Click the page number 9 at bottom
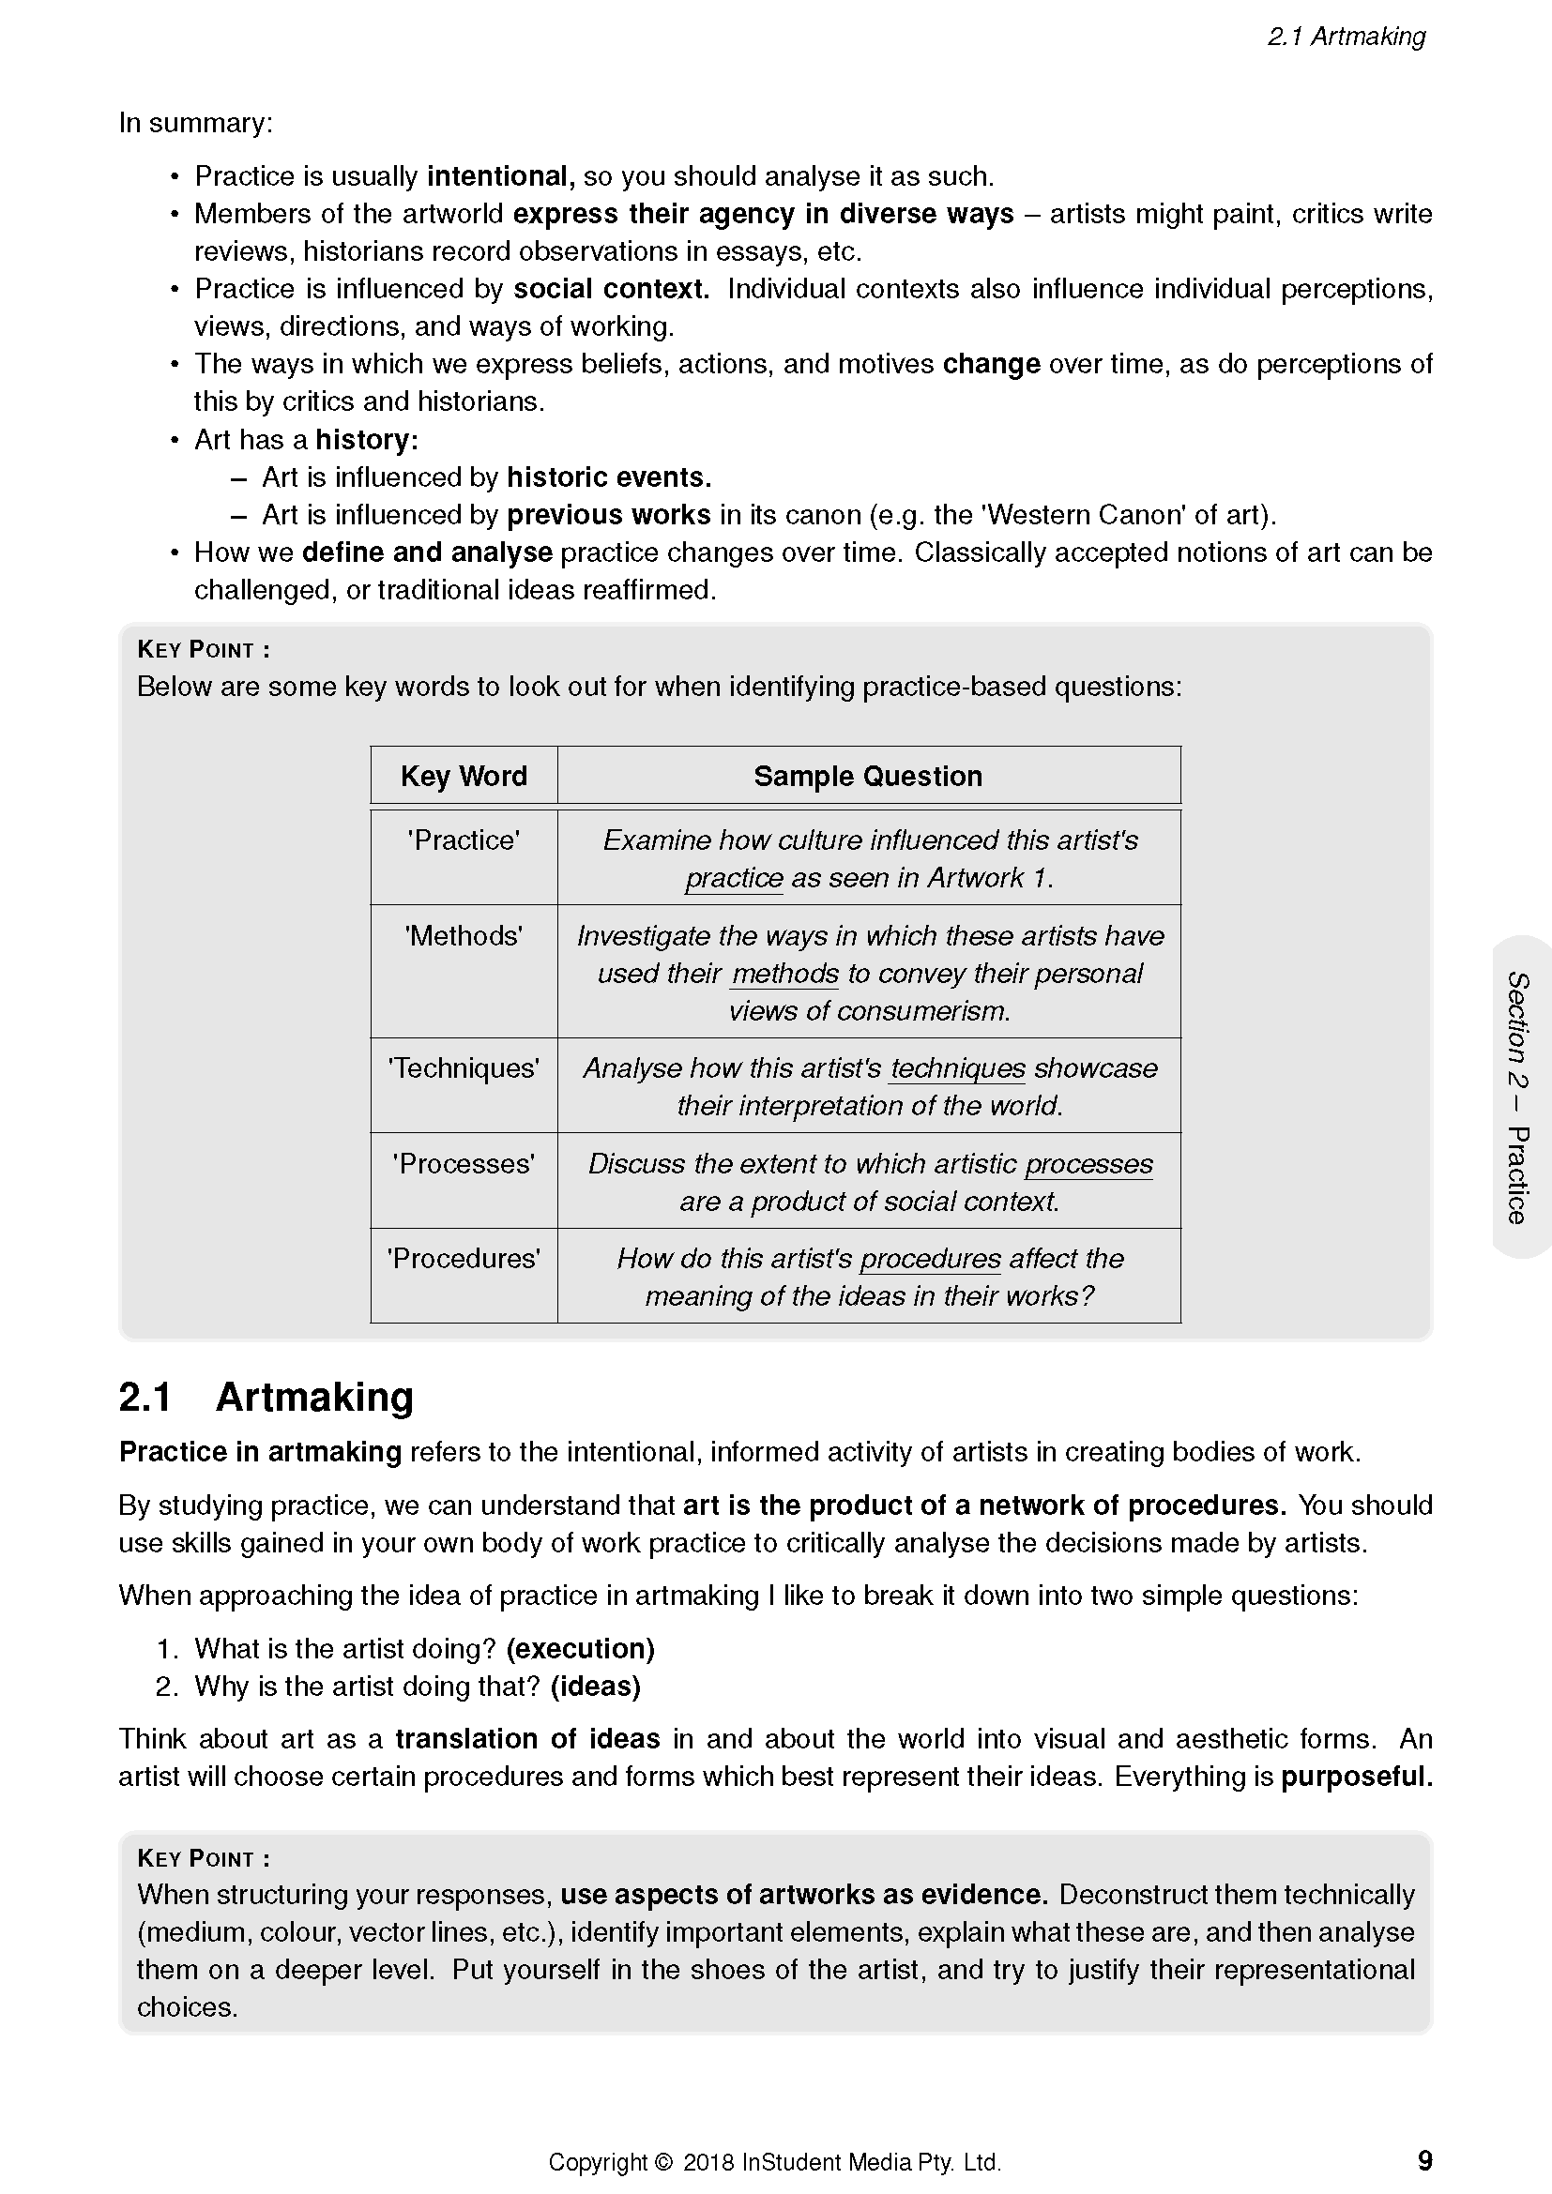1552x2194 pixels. click(x=1424, y=2160)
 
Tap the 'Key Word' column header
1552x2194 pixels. click(x=464, y=776)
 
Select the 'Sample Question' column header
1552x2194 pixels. click(x=868, y=776)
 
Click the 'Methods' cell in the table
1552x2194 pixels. click(x=464, y=935)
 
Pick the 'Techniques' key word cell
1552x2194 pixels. click(x=464, y=1068)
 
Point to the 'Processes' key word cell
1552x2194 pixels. click(x=464, y=1163)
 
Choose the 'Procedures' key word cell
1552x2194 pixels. click(x=464, y=1259)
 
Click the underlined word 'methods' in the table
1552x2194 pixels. click(x=784, y=974)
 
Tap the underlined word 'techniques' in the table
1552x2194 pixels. click(x=958, y=1068)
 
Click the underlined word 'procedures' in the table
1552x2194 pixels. click(x=930, y=1259)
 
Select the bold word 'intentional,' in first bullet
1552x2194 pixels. click(x=501, y=175)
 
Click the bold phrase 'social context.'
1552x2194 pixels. click(x=612, y=289)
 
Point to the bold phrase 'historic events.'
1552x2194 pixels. click(x=609, y=477)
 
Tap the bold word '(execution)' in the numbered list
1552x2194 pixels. click(x=580, y=1648)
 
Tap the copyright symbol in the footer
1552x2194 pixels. click(x=664, y=2162)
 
